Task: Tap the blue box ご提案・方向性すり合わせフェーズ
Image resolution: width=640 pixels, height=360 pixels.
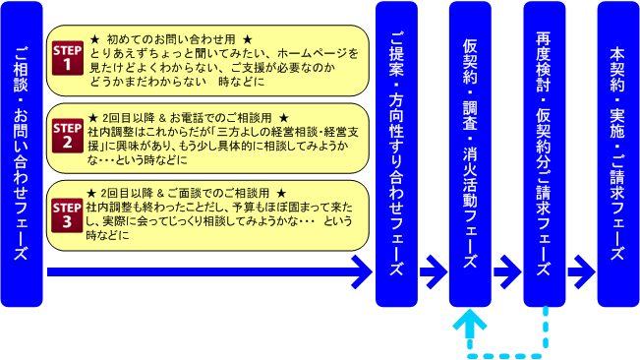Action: tap(396, 152)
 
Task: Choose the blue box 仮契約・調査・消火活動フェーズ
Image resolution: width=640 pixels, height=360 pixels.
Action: tap(470, 152)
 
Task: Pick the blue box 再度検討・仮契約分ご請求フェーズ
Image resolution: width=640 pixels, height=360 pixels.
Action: tap(544, 152)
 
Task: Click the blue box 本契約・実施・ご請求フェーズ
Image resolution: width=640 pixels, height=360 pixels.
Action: tap(617, 152)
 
